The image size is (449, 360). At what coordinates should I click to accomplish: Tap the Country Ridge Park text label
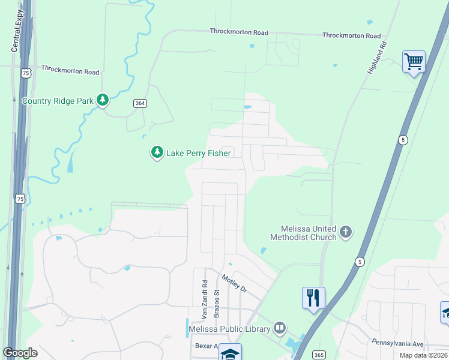(x=58, y=101)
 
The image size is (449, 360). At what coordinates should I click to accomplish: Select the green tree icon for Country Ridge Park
(x=103, y=100)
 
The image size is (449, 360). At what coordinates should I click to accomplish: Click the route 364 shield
(x=140, y=103)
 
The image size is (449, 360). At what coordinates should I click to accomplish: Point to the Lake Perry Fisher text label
(x=198, y=153)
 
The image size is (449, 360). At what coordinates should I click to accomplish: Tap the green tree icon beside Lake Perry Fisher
(x=157, y=152)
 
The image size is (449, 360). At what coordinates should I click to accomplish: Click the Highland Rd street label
(x=376, y=58)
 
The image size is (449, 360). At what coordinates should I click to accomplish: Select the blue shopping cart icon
(x=414, y=61)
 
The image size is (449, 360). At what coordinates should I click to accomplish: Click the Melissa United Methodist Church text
(x=309, y=233)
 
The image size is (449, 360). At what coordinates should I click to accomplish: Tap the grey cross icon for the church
(x=345, y=232)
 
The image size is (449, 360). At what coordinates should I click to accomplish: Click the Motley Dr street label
(x=234, y=283)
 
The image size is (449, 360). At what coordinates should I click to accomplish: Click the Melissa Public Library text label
(x=229, y=328)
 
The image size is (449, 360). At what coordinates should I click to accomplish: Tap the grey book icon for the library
(x=279, y=328)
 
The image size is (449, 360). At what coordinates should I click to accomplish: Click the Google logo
(x=20, y=352)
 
